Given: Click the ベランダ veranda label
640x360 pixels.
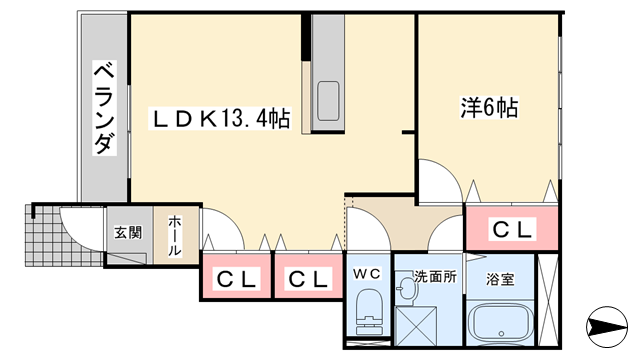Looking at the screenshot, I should (x=103, y=108).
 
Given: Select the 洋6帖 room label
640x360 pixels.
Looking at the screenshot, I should (x=488, y=107).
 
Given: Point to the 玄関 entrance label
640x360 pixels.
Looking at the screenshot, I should (x=127, y=233).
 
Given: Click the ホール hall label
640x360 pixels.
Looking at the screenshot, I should (x=175, y=236).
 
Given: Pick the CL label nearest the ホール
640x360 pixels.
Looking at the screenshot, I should (x=237, y=279).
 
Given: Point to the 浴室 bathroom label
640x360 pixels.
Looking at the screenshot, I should (x=501, y=280).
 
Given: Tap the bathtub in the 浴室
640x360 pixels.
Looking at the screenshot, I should (x=501, y=324).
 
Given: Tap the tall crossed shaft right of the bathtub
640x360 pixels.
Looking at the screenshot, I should (x=549, y=299).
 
